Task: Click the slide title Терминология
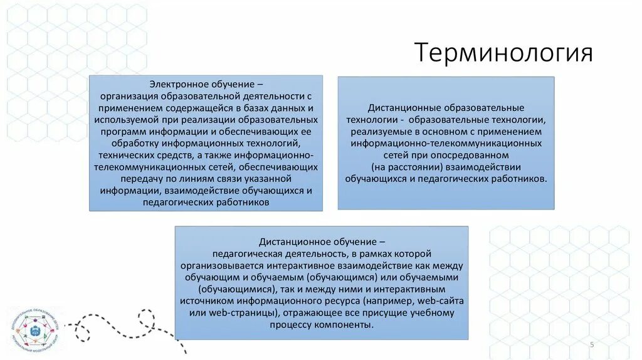tap(503, 53)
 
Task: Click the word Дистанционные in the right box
tap(401, 108)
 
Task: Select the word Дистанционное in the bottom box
tap(292, 241)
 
